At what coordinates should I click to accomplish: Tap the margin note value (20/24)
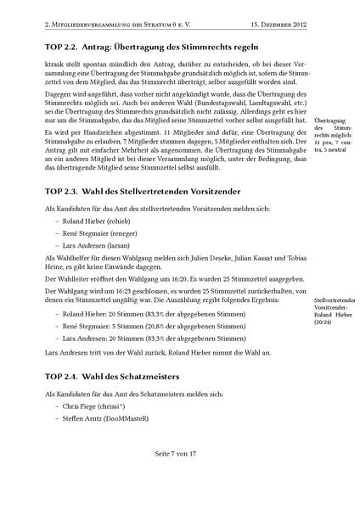pos(323,322)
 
